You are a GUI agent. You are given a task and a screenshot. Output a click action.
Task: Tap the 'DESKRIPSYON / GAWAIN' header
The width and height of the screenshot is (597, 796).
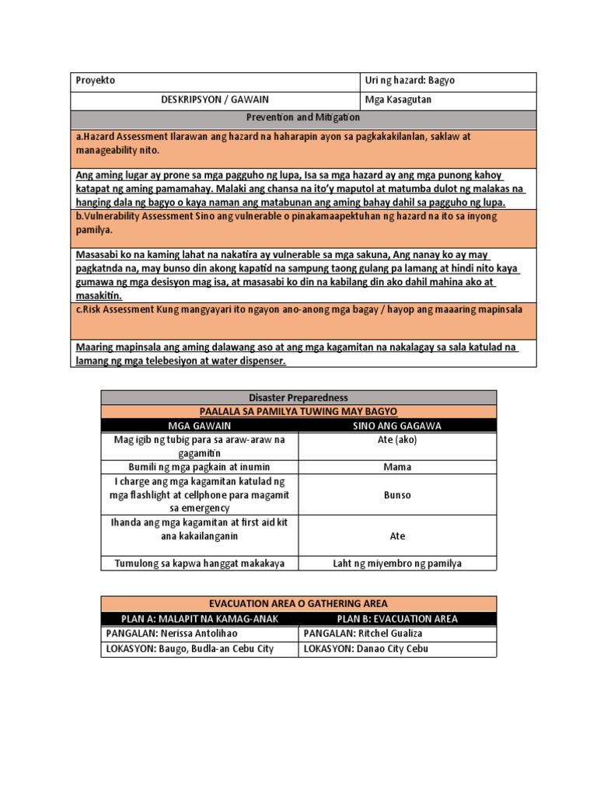(215, 100)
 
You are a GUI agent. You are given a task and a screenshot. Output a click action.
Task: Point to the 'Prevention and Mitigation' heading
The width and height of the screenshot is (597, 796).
(302, 117)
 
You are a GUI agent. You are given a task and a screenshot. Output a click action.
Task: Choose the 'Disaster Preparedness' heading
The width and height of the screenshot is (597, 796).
(298, 397)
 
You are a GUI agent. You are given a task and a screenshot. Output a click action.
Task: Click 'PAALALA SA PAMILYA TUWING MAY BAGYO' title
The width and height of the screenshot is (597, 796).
(298, 410)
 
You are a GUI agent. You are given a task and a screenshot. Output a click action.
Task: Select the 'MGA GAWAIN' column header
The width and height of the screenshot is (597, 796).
(200, 425)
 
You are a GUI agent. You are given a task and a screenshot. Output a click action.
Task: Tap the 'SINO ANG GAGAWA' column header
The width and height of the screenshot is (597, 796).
(397, 425)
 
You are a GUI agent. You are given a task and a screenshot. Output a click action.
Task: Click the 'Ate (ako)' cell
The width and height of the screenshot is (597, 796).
(397, 440)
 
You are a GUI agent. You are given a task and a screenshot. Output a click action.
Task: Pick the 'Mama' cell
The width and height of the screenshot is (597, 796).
(397, 467)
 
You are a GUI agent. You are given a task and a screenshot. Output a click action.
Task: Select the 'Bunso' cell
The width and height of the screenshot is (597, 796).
(397, 495)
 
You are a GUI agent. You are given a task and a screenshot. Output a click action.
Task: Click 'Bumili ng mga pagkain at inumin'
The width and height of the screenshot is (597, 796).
(200, 467)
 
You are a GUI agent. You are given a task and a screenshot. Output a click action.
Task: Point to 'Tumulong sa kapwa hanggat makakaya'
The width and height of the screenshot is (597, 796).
(200, 563)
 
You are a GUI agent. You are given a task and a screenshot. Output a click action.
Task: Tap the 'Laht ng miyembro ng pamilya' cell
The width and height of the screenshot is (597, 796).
(397, 563)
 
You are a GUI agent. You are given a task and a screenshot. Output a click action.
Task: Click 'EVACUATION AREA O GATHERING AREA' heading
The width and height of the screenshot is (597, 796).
(298, 603)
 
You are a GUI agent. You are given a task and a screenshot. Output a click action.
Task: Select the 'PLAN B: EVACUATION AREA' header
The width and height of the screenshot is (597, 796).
(397, 619)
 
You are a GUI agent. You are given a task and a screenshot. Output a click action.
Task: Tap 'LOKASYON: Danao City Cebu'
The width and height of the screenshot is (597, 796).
(365, 648)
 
